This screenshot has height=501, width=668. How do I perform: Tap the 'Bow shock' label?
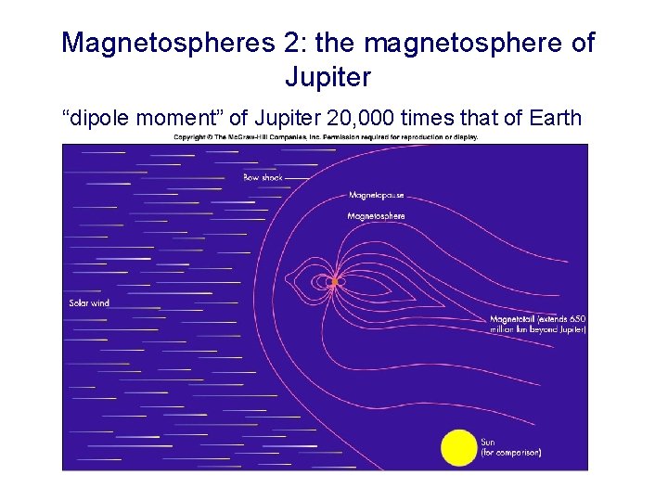point(263,177)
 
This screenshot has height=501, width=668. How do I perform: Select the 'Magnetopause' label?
point(376,196)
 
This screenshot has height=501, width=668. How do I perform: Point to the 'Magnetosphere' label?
point(376,216)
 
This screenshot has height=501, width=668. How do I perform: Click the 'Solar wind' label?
point(89,302)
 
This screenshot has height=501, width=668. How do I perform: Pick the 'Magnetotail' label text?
point(513,320)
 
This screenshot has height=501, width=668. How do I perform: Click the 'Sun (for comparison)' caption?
point(510,447)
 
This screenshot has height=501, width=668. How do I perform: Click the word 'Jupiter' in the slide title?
point(328,76)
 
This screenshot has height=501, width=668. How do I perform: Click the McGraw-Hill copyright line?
point(326,137)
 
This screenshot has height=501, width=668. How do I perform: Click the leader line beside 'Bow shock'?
point(297,177)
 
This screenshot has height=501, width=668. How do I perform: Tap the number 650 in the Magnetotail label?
point(576,320)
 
